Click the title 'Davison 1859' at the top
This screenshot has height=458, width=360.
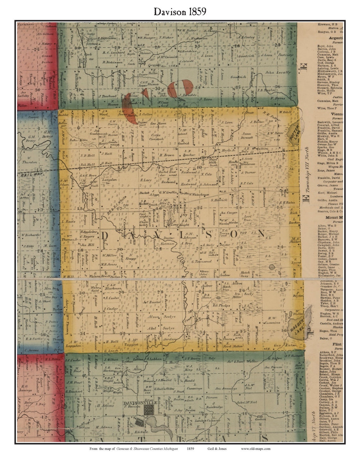pos(180,12)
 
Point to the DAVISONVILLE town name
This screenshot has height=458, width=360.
pos(137,403)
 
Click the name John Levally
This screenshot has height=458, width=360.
pos(278,72)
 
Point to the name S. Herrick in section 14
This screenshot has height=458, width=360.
pos(219,200)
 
